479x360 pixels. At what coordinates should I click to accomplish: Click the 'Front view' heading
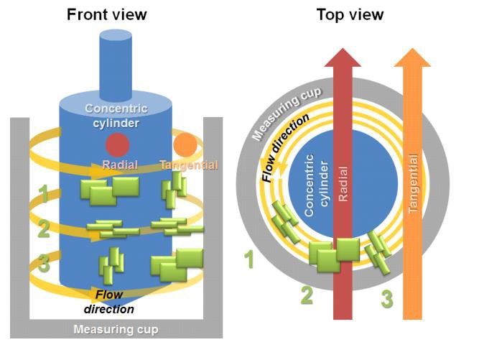106,14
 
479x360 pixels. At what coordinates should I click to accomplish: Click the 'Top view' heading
350,14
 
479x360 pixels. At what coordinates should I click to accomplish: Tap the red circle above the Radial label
118,144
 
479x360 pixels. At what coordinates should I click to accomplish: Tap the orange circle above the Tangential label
185,144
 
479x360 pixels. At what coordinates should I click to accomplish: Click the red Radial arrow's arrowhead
343,57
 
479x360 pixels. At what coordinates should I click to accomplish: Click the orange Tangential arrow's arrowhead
412,57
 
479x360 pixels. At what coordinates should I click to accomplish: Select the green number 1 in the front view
43,194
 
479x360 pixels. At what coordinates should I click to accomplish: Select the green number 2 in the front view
44,229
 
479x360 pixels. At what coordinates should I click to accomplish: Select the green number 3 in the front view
44,264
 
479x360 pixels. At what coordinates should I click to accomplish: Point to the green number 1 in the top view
250,259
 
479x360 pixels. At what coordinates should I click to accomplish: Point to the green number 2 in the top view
307,295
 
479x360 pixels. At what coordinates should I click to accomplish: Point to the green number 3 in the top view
387,299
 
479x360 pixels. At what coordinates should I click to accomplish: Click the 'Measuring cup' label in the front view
116,329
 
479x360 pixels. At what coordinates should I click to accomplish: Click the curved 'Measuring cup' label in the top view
285,113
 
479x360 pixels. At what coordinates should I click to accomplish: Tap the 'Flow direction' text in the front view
109,302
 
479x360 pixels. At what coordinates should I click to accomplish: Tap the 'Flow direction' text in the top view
284,147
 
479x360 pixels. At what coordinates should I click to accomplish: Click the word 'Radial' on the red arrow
343,184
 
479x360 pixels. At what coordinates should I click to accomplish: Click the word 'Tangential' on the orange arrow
413,183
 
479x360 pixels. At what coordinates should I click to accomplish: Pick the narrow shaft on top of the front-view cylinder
116,65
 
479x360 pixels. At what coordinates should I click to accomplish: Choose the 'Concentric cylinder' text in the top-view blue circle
317,185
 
